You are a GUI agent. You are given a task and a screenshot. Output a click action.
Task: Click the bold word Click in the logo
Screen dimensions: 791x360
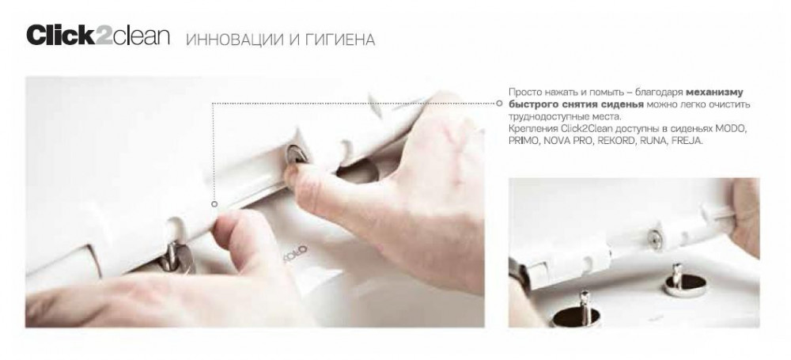pyautogui.click(x=60, y=36)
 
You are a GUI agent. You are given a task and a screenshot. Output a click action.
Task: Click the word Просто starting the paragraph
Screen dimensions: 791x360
pyautogui.click(x=523, y=93)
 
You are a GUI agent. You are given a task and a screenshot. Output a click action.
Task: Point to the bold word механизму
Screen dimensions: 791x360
pyautogui.click(x=714, y=93)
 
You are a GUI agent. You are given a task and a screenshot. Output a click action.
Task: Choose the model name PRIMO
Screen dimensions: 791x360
pyautogui.click(x=523, y=141)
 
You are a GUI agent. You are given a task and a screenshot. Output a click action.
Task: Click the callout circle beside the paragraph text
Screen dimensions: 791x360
pyautogui.click(x=499, y=103)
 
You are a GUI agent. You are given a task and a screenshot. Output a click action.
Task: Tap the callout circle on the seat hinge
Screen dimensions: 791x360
pyautogui.click(x=214, y=204)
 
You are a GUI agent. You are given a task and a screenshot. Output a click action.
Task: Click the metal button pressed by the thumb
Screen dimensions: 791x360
pyautogui.click(x=294, y=154)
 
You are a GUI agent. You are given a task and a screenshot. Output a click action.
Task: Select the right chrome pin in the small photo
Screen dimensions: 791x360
pyautogui.click(x=677, y=281)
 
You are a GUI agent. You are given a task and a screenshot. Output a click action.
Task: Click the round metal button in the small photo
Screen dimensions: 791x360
pyautogui.click(x=655, y=240)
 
